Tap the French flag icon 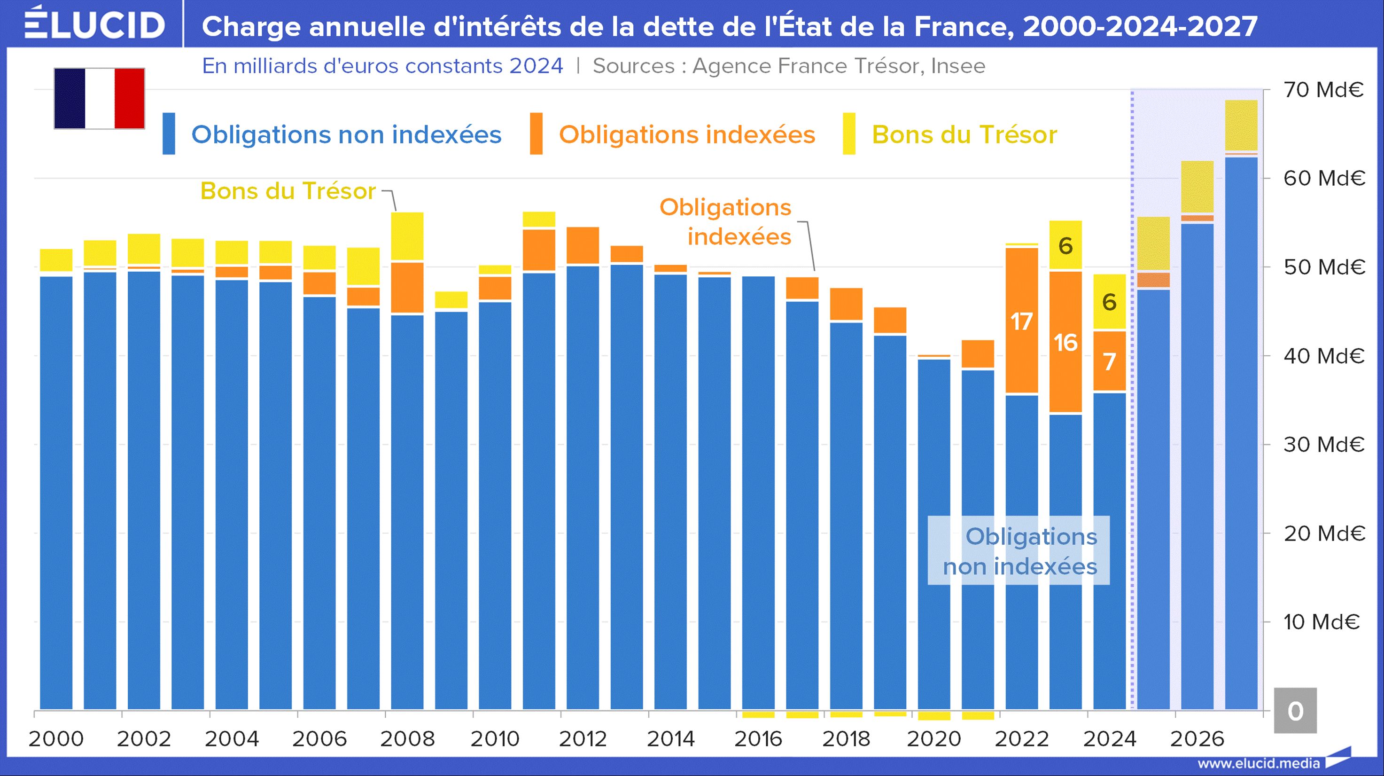(x=100, y=98)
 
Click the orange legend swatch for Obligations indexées (x=536, y=134)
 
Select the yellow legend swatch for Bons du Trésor (x=849, y=134)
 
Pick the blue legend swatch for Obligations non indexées (x=169, y=134)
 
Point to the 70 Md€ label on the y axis (x=1323, y=90)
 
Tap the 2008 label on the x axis (x=407, y=739)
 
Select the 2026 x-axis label (x=1197, y=739)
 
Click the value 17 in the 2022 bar (x=1021, y=322)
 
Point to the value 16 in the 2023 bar (x=1065, y=343)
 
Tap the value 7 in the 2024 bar (x=1110, y=361)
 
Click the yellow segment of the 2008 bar (x=407, y=236)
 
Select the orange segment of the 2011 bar (x=539, y=250)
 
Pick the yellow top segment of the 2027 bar (x=1241, y=125)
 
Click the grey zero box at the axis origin (x=1295, y=711)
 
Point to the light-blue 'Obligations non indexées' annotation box (x=1019, y=551)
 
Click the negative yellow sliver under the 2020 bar (x=934, y=716)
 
